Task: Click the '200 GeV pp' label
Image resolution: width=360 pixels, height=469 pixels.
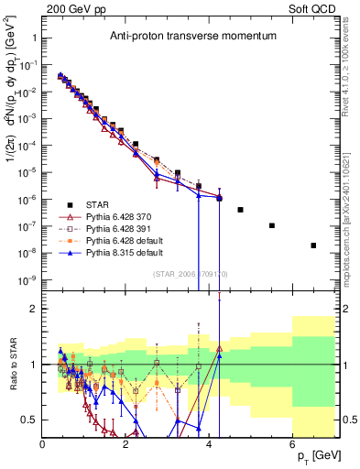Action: pyautogui.click(x=77, y=7)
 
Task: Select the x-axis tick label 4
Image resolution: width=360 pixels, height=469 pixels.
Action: pyautogui.click(x=209, y=446)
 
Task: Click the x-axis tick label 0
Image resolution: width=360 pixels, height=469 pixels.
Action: pyautogui.click(x=43, y=446)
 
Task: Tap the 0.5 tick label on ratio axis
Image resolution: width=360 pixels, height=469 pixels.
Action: pyautogui.click(x=29, y=420)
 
